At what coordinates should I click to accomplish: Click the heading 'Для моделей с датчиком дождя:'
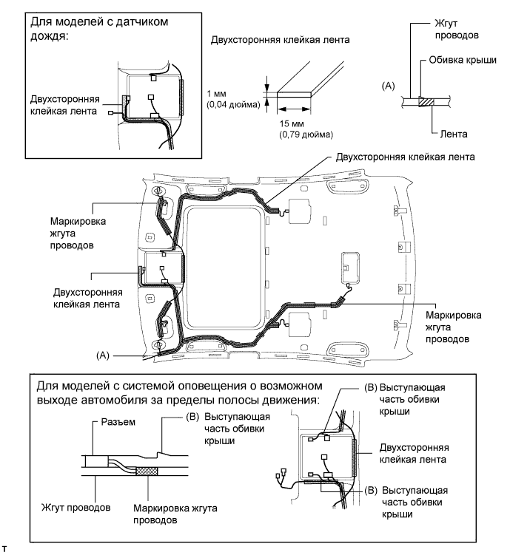point(99,28)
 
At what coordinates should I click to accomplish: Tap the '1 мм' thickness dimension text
point(217,94)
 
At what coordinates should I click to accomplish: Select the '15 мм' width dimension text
point(292,123)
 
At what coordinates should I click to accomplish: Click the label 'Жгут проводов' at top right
point(457,29)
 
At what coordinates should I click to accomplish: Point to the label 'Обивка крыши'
point(463,60)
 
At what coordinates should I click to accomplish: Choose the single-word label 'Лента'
point(454,134)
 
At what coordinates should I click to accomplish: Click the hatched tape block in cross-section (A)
point(426,102)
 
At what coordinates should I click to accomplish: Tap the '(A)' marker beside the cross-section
point(388,86)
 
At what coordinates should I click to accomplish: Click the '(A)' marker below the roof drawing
point(103,355)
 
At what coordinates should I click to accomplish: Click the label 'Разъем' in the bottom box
point(118,422)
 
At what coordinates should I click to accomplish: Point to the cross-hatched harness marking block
point(147,471)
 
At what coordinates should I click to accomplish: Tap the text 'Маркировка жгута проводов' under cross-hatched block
point(175,514)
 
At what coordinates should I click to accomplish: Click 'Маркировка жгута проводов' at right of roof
point(453,327)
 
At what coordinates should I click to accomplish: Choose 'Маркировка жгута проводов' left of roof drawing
point(78,234)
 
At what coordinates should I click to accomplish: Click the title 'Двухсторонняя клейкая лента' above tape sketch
point(280,40)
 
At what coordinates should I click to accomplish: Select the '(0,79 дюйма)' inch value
point(306,135)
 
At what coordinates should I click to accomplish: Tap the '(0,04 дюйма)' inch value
point(233,104)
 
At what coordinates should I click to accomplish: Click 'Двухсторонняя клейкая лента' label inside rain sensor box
point(65,105)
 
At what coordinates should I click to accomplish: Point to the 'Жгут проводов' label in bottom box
point(76,508)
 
